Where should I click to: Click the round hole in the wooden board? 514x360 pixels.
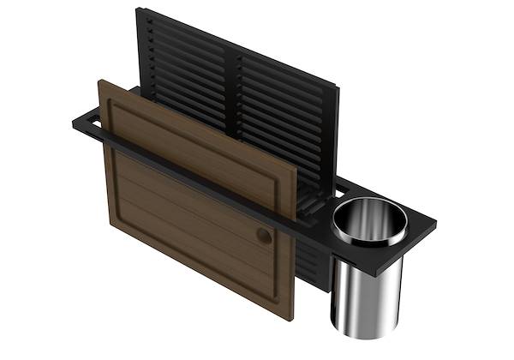[264, 235]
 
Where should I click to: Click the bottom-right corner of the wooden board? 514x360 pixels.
[293, 319]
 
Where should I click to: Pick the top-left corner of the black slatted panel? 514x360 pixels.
[139, 10]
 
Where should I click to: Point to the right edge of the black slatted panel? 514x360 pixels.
[334, 137]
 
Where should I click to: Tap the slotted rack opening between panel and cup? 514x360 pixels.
[317, 206]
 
